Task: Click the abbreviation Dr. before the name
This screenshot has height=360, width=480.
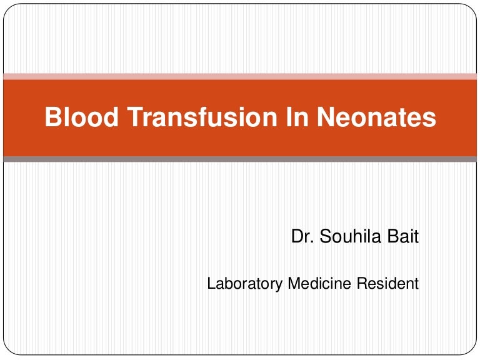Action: tap(301, 237)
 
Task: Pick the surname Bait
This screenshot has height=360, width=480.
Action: tap(404, 237)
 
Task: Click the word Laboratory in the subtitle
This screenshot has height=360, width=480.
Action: tap(245, 284)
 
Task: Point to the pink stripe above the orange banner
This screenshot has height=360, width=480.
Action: tap(240, 76)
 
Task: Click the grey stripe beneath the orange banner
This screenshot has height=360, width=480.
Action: tap(240, 159)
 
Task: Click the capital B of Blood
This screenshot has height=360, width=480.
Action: tap(52, 118)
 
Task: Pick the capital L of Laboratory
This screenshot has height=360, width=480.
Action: tap(211, 284)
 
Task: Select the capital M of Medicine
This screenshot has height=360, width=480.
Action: tap(293, 284)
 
